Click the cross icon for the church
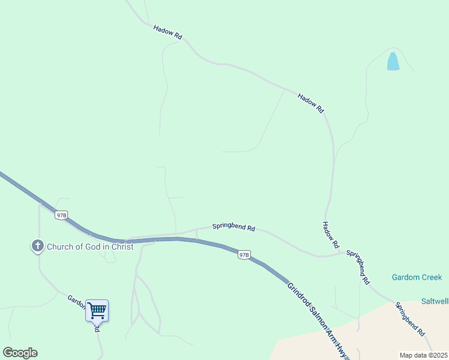pos(37,245)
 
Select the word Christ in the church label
pos(119,247)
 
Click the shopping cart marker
pos(97,311)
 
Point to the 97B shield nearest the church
pos(61,215)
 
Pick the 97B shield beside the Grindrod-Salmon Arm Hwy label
pos(243,254)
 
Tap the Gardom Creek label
pos(417,277)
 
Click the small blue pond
pos(393,61)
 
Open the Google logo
pos(20,353)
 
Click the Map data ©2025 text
pos(423,355)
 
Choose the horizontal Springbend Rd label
pos(234,228)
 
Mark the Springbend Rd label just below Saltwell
pos(410,319)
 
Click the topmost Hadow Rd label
pos(167,32)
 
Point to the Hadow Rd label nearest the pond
pos(311,102)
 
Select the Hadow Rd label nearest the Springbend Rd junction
pos(330,235)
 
